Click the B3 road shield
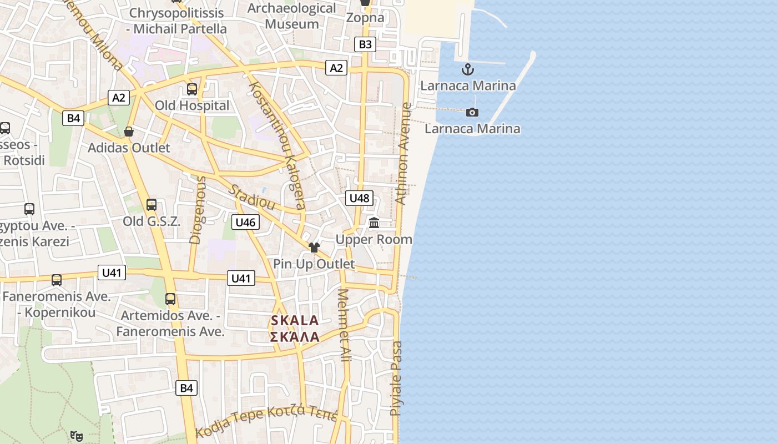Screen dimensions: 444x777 [x=365, y=44]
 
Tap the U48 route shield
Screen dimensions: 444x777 [x=359, y=198]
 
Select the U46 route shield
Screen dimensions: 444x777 [x=245, y=223]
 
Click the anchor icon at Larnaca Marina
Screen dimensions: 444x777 [x=468, y=70]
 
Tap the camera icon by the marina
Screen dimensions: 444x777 [x=472, y=113]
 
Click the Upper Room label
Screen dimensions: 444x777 [x=374, y=239]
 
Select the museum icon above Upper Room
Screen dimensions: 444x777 [x=374, y=223]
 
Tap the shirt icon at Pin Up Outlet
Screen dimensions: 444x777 [x=314, y=248]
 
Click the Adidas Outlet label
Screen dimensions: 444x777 [x=129, y=148]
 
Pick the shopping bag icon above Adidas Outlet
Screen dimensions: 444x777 [x=129, y=132]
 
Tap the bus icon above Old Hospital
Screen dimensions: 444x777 [x=192, y=89]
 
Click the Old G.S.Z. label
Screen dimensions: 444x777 [x=152, y=221]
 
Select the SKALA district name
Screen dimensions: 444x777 [x=295, y=320]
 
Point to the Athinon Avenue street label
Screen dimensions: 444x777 [x=403, y=154]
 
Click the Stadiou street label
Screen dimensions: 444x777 [x=253, y=197]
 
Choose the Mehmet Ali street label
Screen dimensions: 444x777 [x=345, y=325]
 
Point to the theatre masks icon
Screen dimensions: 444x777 [x=77, y=436]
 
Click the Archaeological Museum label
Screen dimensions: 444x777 [x=291, y=16]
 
